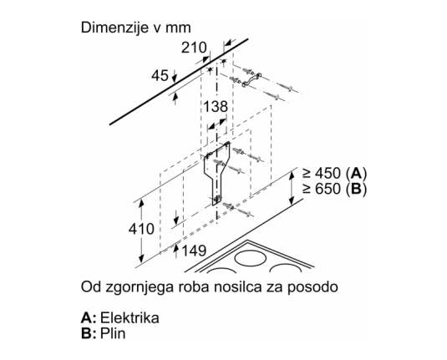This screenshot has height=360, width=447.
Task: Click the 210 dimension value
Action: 194,48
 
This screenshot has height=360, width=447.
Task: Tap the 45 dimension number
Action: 160,76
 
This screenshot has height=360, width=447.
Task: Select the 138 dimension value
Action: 216,107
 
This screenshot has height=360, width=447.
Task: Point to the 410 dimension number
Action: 141,229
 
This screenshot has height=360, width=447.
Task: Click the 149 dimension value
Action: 194,251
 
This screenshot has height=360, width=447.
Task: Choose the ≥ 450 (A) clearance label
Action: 335,173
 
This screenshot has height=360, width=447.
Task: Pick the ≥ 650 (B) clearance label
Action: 335,189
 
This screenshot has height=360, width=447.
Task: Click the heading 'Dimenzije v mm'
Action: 136,28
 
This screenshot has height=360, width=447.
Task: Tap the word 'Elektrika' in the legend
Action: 130,317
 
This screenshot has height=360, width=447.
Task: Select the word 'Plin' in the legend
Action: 113,333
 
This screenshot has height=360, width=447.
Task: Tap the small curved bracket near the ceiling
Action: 251,79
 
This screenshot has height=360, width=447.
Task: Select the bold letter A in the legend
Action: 86,317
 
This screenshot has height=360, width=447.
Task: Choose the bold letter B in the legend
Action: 86,333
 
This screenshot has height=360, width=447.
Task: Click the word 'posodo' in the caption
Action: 312,287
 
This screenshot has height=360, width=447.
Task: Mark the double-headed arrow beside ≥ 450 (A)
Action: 291,188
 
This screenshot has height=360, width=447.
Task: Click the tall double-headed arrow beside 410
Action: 141,231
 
